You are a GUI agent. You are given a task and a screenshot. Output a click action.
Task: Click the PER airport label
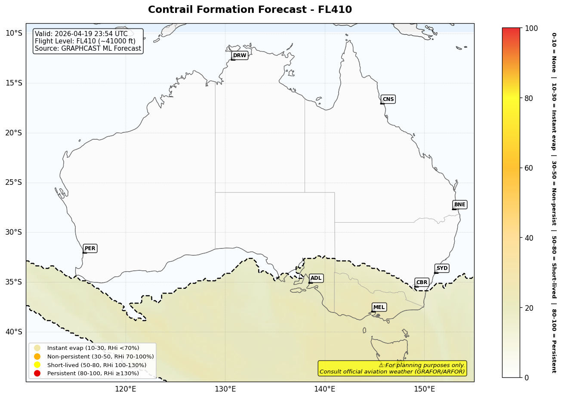[90, 248]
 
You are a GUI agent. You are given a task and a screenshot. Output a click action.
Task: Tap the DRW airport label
[240, 55]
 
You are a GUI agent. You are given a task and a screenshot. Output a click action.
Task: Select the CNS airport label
[388, 99]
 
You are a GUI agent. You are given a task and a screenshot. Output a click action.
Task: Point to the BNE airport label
[459, 205]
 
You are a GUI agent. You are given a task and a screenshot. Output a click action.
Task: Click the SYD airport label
[442, 268]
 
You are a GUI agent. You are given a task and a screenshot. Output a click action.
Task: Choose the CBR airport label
[422, 282]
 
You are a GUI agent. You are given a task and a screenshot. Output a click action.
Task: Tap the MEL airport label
[379, 307]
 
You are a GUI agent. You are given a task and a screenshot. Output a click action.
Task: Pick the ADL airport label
[316, 278]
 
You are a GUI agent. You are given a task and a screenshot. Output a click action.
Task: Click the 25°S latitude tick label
[13, 182]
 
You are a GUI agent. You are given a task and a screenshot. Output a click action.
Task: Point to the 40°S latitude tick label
[13, 331]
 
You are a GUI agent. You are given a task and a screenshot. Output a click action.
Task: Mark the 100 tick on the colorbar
[531, 28]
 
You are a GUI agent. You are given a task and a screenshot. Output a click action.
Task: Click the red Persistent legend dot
[37, 373]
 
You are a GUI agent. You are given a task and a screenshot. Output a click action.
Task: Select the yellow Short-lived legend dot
[37, 365]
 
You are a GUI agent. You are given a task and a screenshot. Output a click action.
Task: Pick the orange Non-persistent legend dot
[37, 356]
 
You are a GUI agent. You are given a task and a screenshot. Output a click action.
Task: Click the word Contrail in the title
[168, 10]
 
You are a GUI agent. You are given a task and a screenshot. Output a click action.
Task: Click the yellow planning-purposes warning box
[392, 368]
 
